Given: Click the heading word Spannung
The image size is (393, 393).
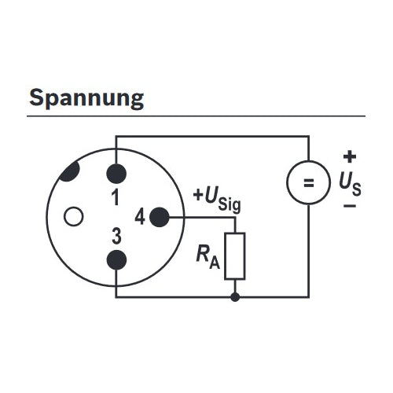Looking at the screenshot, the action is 86,98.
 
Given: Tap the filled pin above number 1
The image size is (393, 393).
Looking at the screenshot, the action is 116,174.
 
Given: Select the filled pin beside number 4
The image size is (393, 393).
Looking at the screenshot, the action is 160,217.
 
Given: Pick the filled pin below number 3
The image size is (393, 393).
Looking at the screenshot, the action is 116,260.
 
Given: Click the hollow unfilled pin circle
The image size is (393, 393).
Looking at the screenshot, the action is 74,216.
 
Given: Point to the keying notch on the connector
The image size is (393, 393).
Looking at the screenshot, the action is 69,171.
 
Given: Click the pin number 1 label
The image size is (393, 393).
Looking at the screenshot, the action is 116,197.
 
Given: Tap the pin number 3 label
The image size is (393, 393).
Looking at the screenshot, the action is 116,236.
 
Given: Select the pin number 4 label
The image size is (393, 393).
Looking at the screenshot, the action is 140,217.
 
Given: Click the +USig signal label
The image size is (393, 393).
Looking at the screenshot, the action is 217,199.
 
